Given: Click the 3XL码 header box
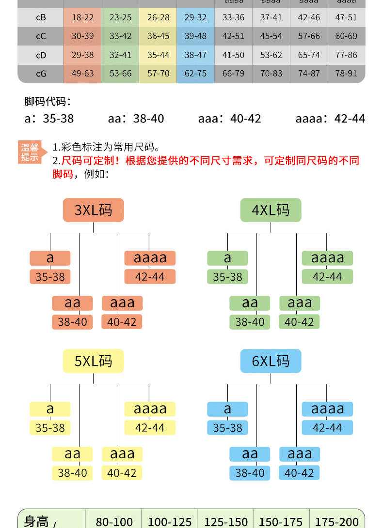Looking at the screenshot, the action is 93,210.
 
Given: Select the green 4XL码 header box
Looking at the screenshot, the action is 271,210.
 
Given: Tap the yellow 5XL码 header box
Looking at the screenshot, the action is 93,361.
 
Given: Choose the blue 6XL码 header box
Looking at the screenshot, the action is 271,361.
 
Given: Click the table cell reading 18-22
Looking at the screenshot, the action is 82,17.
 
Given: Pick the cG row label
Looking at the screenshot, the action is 41,74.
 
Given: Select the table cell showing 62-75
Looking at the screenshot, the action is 195,74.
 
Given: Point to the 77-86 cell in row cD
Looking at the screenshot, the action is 346,55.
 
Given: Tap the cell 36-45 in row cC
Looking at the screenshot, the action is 158,36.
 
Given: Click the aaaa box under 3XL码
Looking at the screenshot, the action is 150,258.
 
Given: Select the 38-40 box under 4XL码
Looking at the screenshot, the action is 250,322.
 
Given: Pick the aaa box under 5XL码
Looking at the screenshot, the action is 122,454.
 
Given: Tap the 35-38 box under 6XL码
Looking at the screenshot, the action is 227,428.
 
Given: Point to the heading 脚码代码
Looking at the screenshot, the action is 48,102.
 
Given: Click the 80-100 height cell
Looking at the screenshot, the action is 114,522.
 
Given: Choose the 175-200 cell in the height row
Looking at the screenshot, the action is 336,522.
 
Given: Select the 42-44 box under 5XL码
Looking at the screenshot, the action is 150,428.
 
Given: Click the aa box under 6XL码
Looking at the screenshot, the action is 250,454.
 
